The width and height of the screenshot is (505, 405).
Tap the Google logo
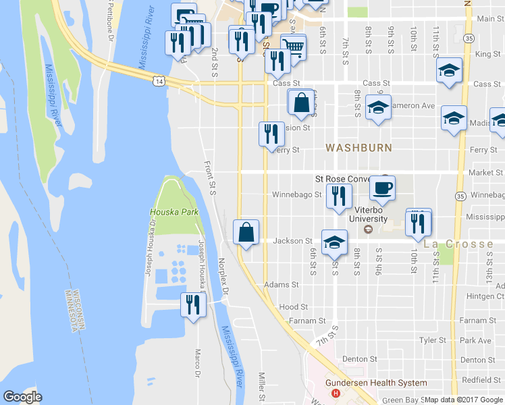22,397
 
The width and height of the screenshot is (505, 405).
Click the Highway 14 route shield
158,80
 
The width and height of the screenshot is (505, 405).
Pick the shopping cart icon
292,47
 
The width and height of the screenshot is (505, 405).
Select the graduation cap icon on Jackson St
334,241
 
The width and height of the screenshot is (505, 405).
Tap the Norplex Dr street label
223,276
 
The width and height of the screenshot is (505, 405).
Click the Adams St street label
282,286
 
